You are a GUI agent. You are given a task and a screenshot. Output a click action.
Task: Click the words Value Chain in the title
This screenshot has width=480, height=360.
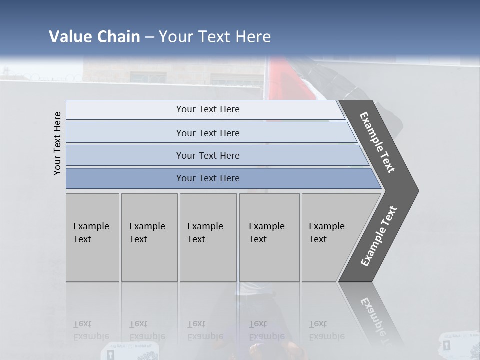point(94,37)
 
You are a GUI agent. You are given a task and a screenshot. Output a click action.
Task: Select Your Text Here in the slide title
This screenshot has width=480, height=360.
point(215,37)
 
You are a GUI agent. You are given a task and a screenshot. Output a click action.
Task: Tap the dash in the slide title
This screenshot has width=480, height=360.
point(149,37)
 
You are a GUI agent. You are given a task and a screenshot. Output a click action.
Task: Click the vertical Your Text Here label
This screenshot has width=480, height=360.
point(57,143)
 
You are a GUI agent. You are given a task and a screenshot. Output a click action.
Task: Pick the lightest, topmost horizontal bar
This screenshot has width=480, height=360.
point(205,109)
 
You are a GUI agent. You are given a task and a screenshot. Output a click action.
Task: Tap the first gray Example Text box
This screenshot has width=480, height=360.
point(92,237)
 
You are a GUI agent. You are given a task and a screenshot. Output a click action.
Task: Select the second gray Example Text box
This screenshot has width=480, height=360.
point(149,237)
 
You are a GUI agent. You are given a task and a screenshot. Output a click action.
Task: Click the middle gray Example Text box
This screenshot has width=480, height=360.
point(208,237)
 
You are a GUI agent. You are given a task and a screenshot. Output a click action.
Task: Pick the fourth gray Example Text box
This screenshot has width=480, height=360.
point(269,237)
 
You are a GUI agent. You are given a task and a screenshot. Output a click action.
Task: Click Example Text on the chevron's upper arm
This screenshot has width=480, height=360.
point(378,142)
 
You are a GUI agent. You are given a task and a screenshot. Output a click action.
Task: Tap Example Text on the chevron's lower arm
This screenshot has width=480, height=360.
point(379,236)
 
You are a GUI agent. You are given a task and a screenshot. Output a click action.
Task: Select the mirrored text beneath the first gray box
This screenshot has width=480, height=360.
point(91,330)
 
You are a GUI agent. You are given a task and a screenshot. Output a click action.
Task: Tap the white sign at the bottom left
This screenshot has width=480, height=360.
point(130,351)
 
